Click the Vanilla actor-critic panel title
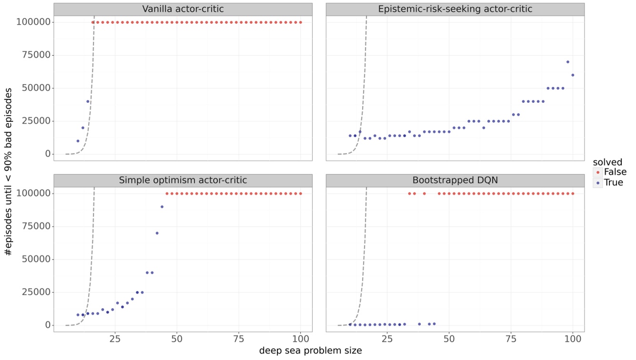pyautogui.click(x=183, y=9)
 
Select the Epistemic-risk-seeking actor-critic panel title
pyautogui.click(x=455, y=9)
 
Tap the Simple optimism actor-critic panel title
pyautogui.click(x=183, y=180)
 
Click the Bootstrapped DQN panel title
pyautogui.click(x=455, y=180)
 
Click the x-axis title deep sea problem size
pyautogui.click(x=310, y=351)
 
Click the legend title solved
pyautogui.click(x=604, y=162)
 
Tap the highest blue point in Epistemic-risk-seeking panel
pyautogui.click(x=568, y=62)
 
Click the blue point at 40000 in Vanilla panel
pyautogui.click(x=88, y=101)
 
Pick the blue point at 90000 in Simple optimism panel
pyautogui.click(x=162, y=207)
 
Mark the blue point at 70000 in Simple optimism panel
pyautogui.click(x=157, y=233)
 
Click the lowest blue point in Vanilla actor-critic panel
pyautogui.click(x=78, y=141)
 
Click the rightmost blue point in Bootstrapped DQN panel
pyautogui.click(x=434, y=324)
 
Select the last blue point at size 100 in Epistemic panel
pyautogui.click(x=573, y=75)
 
